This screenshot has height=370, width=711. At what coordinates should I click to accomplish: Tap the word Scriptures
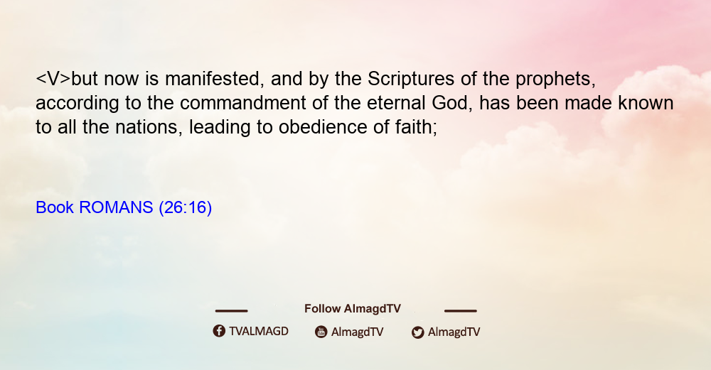tap(411, 80)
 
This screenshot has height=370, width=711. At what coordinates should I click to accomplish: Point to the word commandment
tap(243, 103)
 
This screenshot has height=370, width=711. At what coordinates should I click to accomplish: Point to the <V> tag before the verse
tap(53, 80)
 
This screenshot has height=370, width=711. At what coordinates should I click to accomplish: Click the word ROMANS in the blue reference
tap(116, 207)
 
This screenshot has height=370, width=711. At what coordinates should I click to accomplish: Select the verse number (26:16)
tap(186, 208)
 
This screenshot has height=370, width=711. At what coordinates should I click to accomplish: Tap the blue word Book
tap(55, 207)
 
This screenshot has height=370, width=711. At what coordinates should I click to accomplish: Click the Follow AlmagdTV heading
tap(353, 309)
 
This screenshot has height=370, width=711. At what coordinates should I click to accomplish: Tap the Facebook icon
tap(219, 331)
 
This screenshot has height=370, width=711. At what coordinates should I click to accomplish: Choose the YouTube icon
tap(321, 332)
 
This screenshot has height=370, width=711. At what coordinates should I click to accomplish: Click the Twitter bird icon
tap(418, 332)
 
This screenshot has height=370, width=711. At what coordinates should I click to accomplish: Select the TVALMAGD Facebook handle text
tap(259, 332)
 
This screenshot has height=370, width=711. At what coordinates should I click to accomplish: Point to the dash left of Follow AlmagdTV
tap(231, 310)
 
